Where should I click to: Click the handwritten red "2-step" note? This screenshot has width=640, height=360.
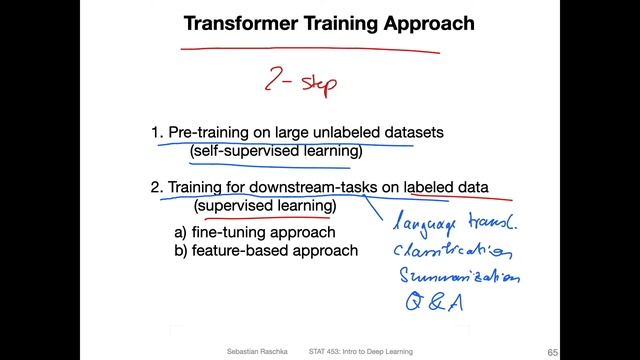tap(297, 79)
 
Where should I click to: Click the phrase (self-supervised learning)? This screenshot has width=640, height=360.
tap(276, 152)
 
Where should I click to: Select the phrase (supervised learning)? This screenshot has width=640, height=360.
tap(265, 206)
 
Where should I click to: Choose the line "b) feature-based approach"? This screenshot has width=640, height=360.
tap(265, 250)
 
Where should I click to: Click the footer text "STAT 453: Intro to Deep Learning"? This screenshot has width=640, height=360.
tap(360, 352)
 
